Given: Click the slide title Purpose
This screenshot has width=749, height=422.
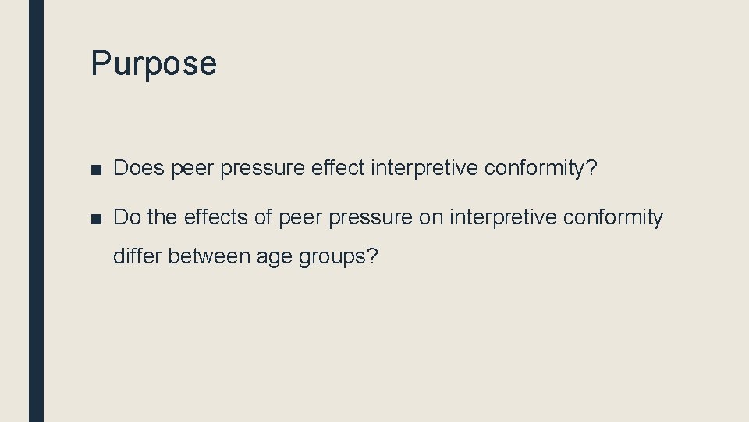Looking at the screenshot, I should click(154, 63).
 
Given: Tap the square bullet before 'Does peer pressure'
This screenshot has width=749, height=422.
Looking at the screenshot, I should click(96, 169).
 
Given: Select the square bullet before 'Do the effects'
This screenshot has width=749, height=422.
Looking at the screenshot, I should click(96, 219).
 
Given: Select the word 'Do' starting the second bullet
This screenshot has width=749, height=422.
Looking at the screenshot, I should click(126, 217).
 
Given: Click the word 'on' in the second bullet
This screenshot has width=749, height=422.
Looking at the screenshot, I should click(431, 217).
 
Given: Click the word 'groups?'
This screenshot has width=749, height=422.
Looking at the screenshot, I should click(338, 256).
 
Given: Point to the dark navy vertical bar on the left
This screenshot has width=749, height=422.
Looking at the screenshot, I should click(37, 211).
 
